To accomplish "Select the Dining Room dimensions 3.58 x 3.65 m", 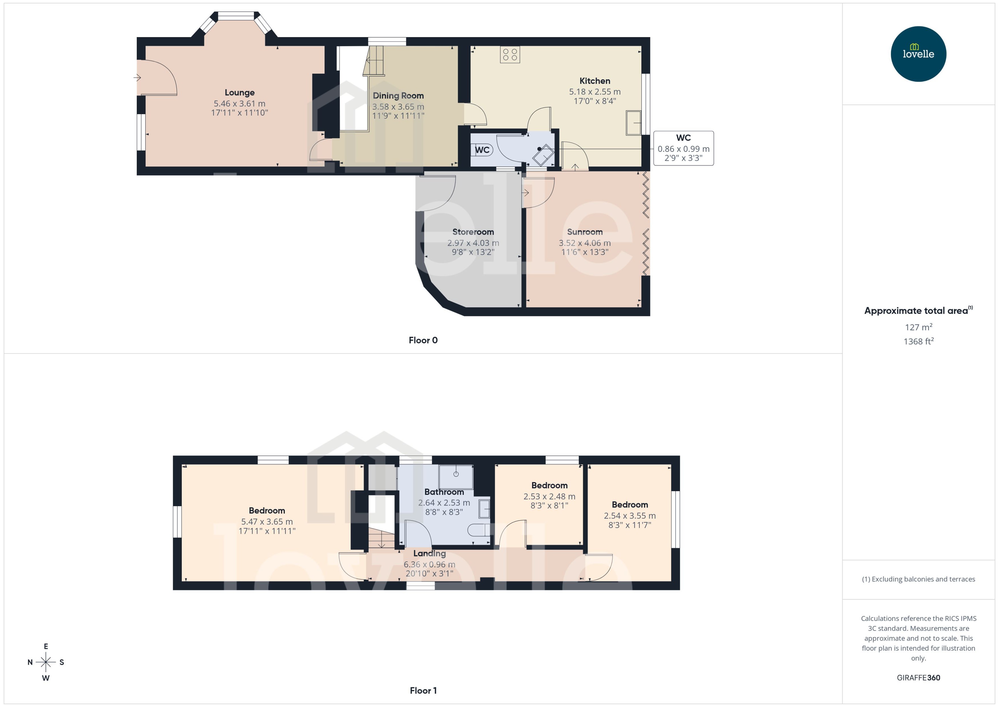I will pyautogui.click(x=398, y=107).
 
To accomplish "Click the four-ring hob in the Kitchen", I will pyautogui.click(x=510, y=55).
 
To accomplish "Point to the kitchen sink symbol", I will pyautogui.click(x=633, y=123).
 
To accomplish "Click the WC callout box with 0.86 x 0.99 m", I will pyautogui.click(x=683, y=148).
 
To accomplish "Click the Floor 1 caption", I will pyautogui.click(x=423, y=690).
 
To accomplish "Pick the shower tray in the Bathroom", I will pyautogui.click(x=456, y=477).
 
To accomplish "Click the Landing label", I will pyautogui.click(x=429, y=553).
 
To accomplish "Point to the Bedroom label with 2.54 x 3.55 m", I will pyautogui.click(x=629, y=505).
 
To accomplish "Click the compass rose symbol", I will pyautogui.click(x=46, y=662).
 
